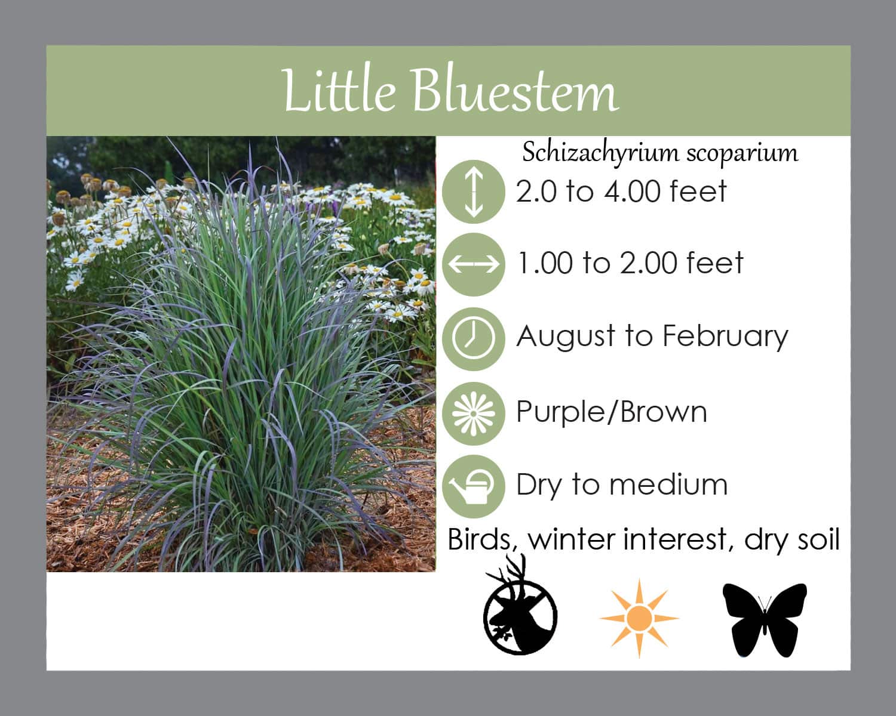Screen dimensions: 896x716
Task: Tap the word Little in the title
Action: [x=339, y=91]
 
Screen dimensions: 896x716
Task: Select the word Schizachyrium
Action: [x=600, y=153]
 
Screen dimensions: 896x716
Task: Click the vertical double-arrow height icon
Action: [x=474, y=192]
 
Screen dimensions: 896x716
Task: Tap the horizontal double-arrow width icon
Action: [x=474, y=264]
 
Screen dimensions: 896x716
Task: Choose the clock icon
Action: [x=474, y=339]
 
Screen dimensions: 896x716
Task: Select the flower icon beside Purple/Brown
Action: [x=474, y=413]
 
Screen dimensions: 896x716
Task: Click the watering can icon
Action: [x=474, y=486]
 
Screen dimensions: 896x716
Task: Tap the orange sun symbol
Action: [x=640, y=618]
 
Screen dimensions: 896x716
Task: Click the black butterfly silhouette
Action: [x=765, y=620]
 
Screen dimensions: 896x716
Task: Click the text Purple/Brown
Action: [x=612, y=412]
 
